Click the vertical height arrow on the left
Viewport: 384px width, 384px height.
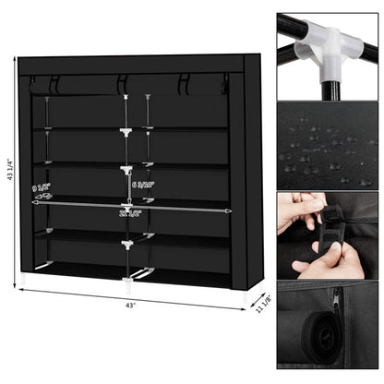click(16, 171)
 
